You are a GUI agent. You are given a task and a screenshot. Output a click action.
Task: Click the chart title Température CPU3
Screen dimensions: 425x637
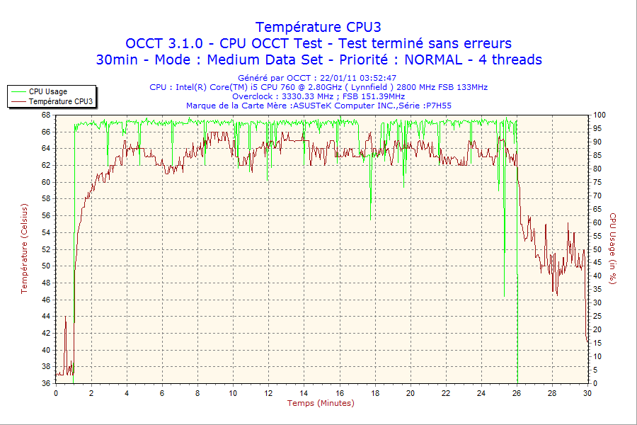point(318,27)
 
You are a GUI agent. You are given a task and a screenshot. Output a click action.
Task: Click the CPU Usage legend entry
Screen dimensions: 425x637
point(48,91)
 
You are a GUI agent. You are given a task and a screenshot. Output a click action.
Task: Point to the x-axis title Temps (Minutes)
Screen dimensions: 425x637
point(321,403)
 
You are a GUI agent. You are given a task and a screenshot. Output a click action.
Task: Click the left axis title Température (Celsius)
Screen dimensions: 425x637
point(24,249)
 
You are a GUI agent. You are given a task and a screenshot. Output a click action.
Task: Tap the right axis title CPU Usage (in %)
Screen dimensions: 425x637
point(613,249)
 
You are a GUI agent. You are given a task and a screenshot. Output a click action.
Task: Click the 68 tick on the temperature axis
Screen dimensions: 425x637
point(45,115)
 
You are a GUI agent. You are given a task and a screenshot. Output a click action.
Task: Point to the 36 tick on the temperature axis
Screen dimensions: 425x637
point(45,383)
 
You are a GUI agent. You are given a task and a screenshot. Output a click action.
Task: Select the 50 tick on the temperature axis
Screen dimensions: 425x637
point(45,266)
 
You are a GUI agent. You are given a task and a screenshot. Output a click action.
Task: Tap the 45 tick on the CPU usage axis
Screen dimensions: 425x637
point(598,262)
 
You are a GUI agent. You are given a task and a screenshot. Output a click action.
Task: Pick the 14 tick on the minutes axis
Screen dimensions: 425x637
point(304,393)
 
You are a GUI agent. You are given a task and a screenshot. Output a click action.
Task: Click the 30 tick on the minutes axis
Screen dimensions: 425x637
point(587,393)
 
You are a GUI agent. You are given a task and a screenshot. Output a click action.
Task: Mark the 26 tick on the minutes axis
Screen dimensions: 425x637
point(516,393)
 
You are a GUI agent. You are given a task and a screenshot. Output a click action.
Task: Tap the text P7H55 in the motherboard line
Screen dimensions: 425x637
point(437,106)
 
